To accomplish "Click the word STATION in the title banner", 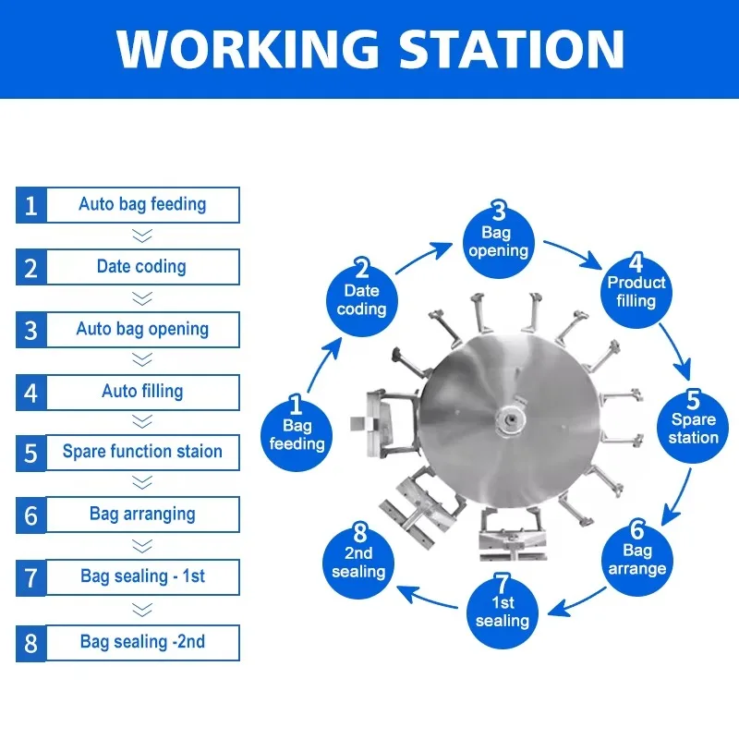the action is point(512,49).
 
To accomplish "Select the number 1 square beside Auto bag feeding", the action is point(31,205).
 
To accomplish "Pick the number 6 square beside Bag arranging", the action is point(31,515).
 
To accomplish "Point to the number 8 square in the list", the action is point(31,643).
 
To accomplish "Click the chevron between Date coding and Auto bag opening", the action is point(142,298).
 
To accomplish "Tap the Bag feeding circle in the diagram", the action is point(297,435).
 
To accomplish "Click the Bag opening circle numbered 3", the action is point(499,242).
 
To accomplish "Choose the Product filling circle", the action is point(636,292).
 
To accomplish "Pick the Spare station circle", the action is point(693,427).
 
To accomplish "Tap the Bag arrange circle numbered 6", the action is point(637,560).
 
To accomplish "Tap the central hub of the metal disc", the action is point(510,418).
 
